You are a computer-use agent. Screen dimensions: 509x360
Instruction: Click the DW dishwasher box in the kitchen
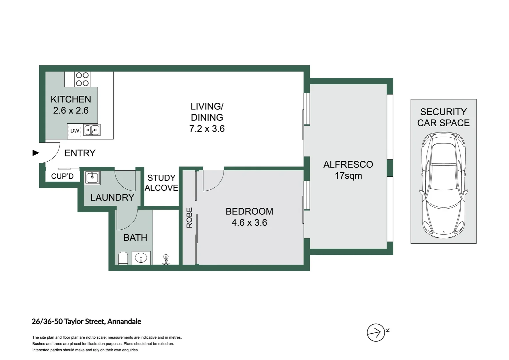[x=75, y=131]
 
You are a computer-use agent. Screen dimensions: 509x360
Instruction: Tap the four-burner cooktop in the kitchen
[x=82, y=79]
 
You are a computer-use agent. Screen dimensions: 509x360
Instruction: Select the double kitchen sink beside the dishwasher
[x=92, y=130]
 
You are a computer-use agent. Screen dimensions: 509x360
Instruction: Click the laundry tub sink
[x=92, y=177]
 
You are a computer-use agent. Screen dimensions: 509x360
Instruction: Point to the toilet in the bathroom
[x=123, y=258]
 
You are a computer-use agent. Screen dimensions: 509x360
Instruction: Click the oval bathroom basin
[x=141, y=258]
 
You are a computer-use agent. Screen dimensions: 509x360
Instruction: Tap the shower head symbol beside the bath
[x=166, y=259]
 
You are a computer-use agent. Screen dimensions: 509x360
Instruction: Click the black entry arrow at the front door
[x=36, y=153]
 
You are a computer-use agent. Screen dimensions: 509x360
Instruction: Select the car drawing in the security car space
[x=443, y=185]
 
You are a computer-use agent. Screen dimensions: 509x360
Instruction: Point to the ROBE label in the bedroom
[x=189, y=218]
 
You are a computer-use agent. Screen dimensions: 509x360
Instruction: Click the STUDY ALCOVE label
[x=161, y=183]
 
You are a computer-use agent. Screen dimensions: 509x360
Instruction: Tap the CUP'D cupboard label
[x=63, y=176]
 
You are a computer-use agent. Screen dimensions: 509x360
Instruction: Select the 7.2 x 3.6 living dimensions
[x=207, y=129]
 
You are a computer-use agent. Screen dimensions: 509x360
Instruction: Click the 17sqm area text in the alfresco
[x=348, y=176]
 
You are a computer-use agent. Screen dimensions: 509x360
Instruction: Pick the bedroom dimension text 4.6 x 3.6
[x=249, y=222]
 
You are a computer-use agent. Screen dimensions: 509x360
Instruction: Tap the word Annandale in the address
[x=124, y=321]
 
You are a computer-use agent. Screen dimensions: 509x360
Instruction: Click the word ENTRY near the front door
[x=80, y=153]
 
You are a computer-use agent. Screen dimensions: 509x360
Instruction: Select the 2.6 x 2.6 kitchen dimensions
[x=71, y=111]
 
